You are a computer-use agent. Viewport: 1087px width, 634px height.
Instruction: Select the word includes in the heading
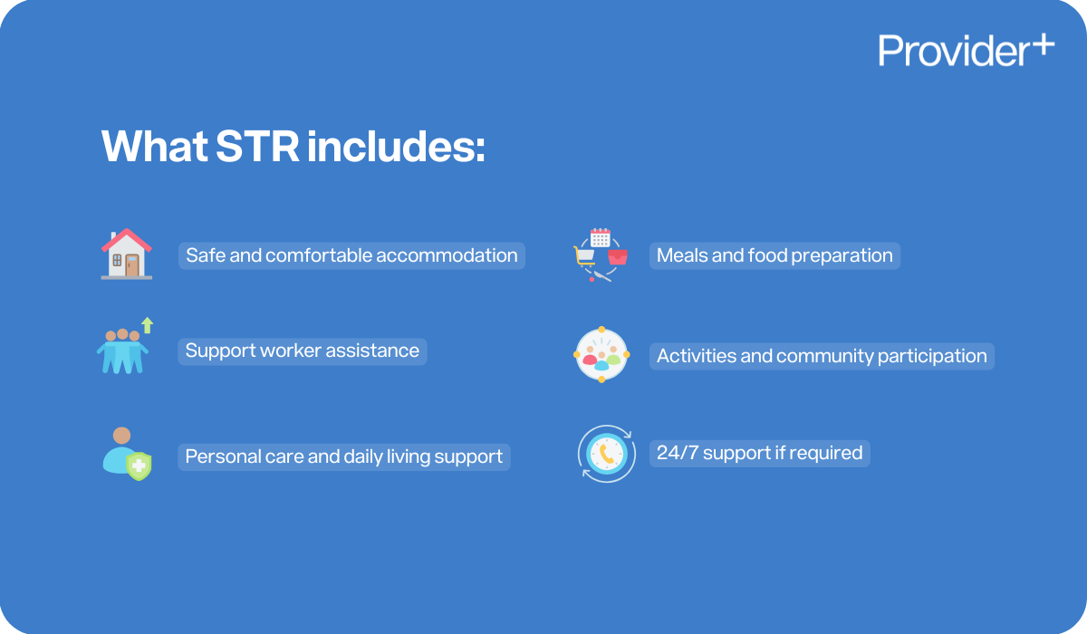pos(396,147)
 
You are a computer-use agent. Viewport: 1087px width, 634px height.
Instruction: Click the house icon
pos(126,254)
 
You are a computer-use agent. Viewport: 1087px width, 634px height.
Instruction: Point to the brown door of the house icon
pos(132,264)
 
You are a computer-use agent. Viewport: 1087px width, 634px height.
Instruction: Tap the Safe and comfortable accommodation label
pos(351,255)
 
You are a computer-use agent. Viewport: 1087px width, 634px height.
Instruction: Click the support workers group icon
pos(121,349)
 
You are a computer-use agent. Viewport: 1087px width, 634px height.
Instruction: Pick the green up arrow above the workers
pos(148,324)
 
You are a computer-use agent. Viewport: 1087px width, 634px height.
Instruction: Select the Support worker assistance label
pos(302,351)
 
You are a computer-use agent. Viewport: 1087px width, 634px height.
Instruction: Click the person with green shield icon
pos(125,454)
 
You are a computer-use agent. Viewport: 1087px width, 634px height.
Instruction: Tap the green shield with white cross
pos(139,466)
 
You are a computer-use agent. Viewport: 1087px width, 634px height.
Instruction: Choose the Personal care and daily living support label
pos(343,456)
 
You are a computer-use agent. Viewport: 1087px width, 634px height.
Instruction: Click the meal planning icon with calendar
pos(600,255)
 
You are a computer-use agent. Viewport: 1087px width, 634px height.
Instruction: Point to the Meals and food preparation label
pos(774,255)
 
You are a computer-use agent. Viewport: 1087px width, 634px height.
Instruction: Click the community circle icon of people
pos(601,354)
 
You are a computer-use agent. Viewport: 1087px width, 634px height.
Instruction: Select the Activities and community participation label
pos(822,356)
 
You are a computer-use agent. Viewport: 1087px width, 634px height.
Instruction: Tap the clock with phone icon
pos(605,453)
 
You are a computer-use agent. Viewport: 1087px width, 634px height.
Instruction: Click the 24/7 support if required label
pos(759,453)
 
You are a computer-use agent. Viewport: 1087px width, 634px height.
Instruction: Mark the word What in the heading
pos(154,147)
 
